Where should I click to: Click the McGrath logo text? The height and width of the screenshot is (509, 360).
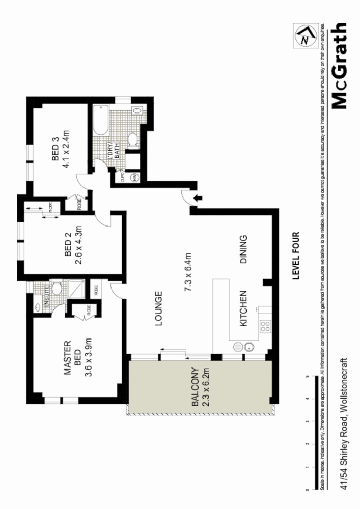(340, 66)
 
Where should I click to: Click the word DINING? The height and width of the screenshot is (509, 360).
(243, 249)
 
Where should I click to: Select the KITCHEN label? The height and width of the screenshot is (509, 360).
(243, 309)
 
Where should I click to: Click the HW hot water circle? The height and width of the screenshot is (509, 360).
(134, 177)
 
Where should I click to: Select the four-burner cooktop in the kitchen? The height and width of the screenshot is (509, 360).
(265, 325)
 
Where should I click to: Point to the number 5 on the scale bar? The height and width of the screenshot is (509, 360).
(307, 377)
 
